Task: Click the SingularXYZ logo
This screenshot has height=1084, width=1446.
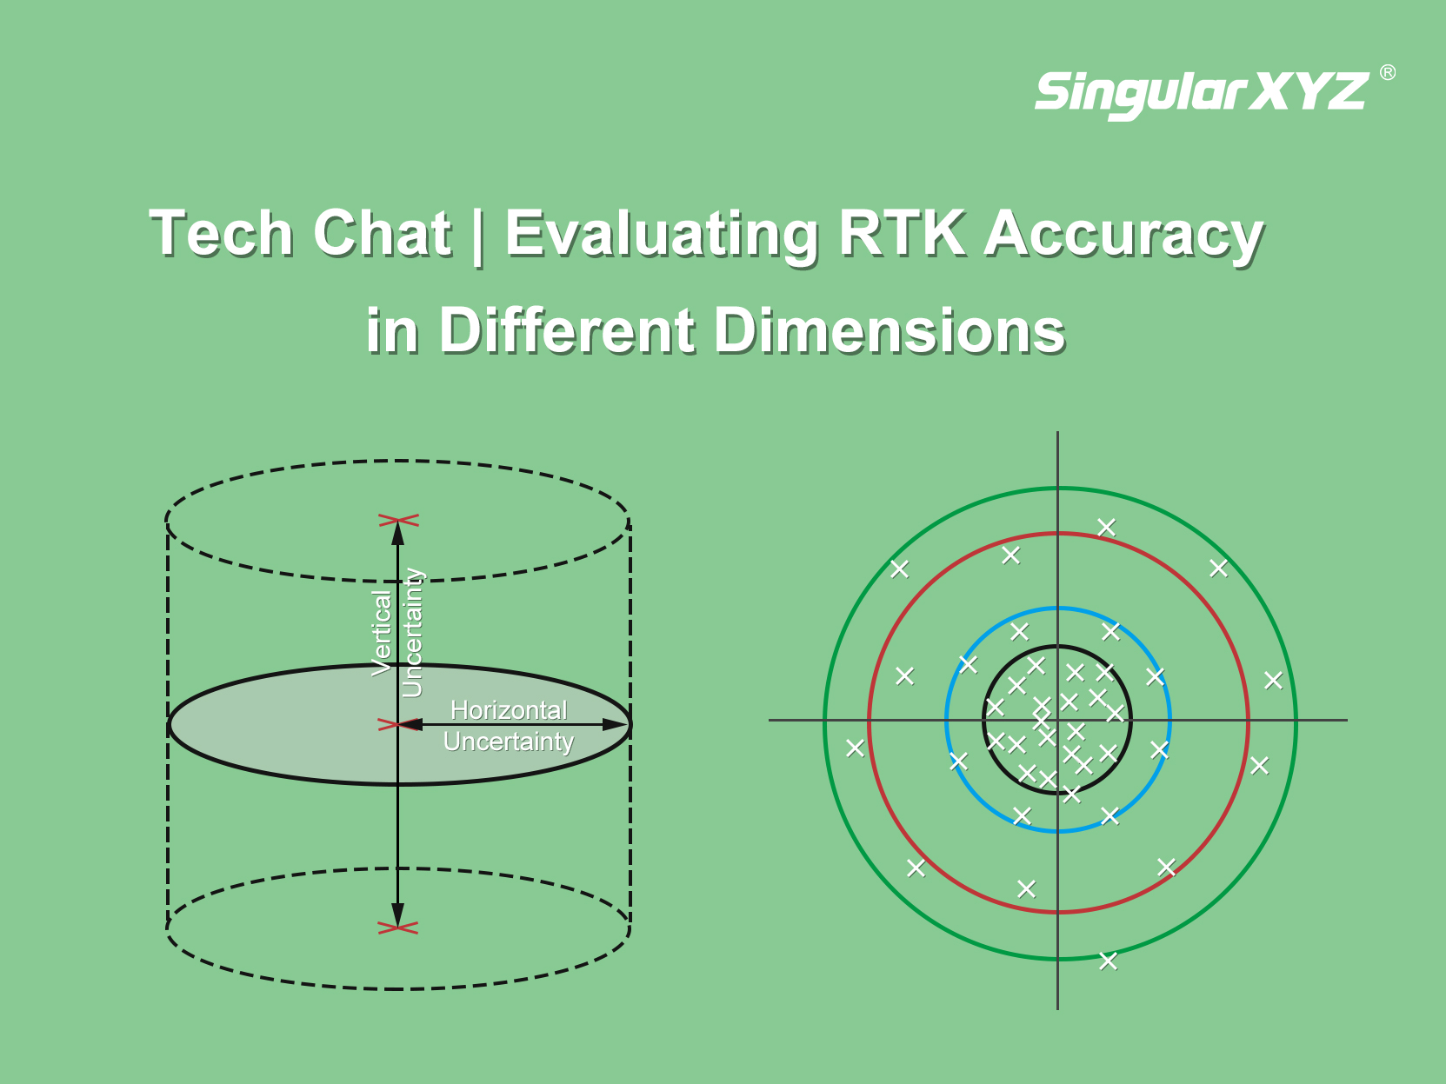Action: pyautogui.click(x=1202, y=95)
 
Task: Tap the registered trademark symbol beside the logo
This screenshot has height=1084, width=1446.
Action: pyautogui.click(x=1388, y=72)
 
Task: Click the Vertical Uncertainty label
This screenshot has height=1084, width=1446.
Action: pyautogui.click(x=398, y=633)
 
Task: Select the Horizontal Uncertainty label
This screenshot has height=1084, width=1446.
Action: pyautogui.click(x=508, y=726)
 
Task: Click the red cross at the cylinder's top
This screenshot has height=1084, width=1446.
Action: pyautogui.click(x=398, y=521)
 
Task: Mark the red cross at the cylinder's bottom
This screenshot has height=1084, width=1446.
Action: pyautogui.click(x=398, y=928)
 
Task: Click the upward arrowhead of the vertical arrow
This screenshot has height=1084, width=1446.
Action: pyautogui.click(x=398, y=534)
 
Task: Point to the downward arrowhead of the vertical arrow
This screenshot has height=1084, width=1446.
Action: pyautogui.click(x=398, y=915)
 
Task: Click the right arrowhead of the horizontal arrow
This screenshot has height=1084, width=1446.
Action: pyautogui.click(x=616, y=724)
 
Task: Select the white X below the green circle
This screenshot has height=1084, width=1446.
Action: pyautogui.click(x=1108, y=961)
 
